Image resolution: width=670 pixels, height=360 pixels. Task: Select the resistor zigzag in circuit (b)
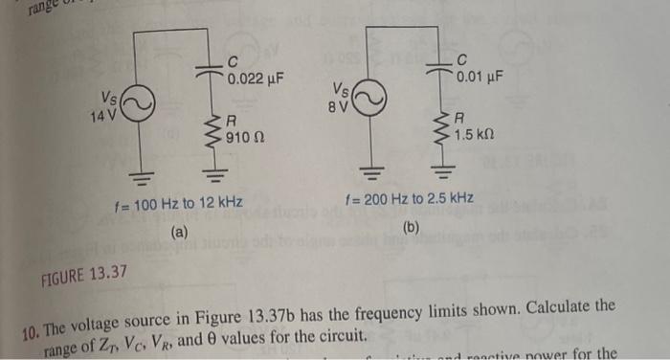tap(443, 125)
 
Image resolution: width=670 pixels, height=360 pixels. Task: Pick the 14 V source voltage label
tap(102, 117)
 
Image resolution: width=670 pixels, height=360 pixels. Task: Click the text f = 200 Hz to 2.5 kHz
tap(409, 199)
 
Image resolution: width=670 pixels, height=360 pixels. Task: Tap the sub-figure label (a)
tap(179, 232)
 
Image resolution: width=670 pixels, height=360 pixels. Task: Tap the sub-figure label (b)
tap(412, 227)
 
